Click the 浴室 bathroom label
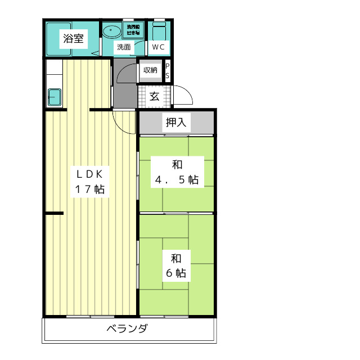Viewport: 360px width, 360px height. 73,39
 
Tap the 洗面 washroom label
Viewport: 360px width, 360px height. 123,48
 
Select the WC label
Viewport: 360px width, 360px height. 158,48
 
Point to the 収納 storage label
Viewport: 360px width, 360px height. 150,70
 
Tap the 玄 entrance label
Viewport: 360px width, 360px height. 154,96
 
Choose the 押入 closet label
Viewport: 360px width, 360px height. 175,122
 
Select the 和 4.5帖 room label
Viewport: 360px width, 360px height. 177,173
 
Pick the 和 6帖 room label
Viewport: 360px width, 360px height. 176,266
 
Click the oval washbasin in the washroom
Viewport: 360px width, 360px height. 111,31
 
